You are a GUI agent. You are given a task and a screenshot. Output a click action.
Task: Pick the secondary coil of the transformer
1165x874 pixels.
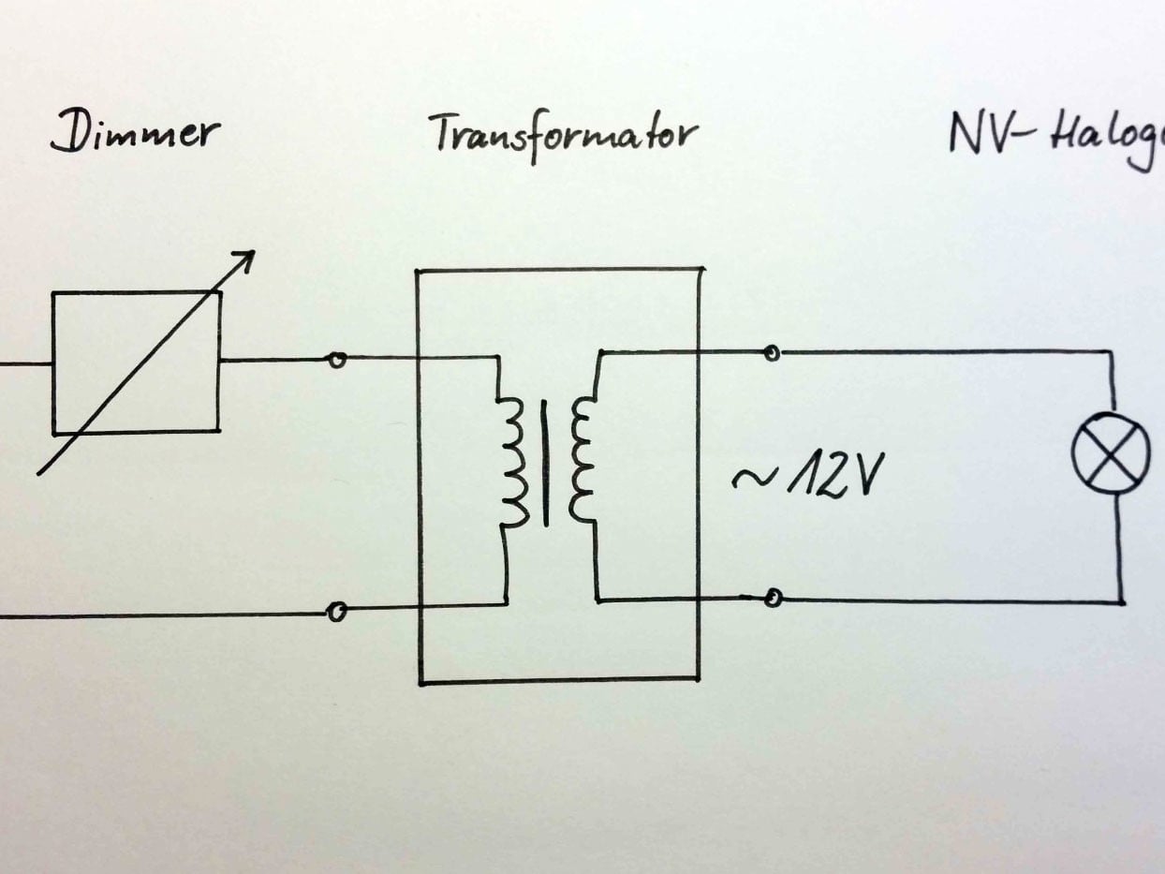pos(583,460)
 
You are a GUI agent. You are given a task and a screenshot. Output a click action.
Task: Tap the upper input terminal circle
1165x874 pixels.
pos(335,359)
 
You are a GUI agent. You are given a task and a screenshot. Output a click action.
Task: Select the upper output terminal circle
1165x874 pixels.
pos(771,352)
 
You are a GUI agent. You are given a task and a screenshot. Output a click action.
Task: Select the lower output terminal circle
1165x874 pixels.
pos(774,598)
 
